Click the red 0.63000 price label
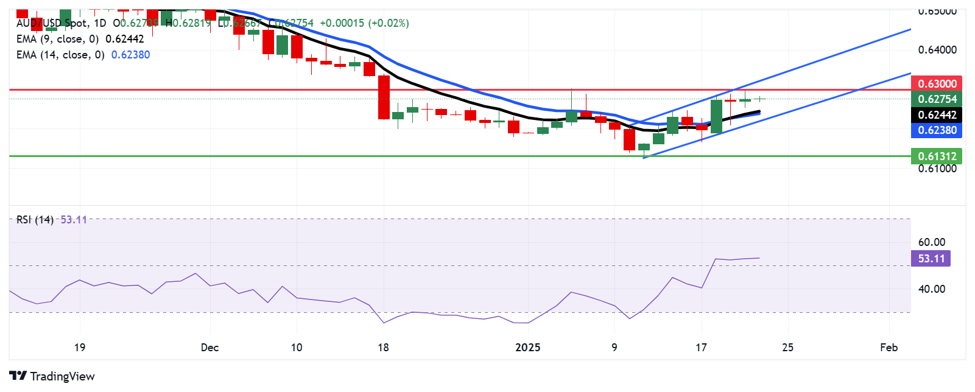[x=937, y=83]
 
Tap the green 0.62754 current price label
[x=937, y=99]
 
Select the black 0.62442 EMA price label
[x=937, y=114]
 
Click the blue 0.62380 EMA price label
[x=937, y=130]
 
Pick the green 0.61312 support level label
[x=937, y=156]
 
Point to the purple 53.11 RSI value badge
[x=931, y=259]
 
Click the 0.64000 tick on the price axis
[x=937, y=50]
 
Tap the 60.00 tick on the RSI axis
[x=931, y=242]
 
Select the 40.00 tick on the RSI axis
[x=931, y=289]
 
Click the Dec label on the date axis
[x=209, y=348]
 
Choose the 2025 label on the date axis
[x=527, y=348]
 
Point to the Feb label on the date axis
[x=889, y=348]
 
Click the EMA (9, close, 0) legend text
[x=58, y=39]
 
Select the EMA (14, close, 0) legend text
[x=60, y=55]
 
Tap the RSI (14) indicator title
[x=35, y=220]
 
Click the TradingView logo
[x=52, y=376]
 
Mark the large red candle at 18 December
[x=384, y=97]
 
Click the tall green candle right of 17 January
[x=716, y=116]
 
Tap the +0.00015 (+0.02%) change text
[x=364, y=23]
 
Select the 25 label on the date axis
[x=787, y=348]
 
